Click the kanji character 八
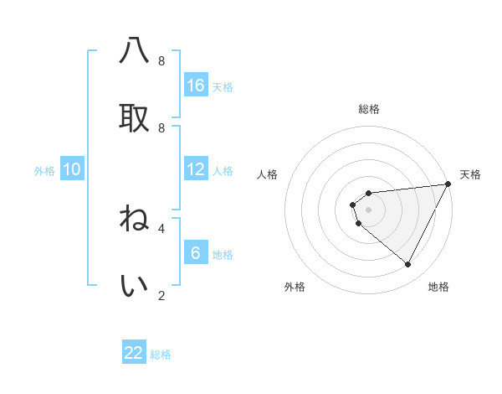click(x=134, y=52)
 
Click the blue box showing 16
click(x=196, y=86)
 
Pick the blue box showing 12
click(x=196, y=169)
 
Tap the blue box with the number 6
click(x=196, y=253)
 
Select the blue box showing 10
click(x=72, y=169)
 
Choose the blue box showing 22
click(x=134, y=353)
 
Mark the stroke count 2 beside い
click(x=161, y=295)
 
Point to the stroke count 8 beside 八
click(x=161, y=61)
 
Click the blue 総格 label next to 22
click(x=161, y=355)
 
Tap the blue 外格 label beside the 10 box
click(x=44, y=171)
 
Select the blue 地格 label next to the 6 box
click(x=223, y=255)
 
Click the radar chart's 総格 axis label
click(x=369, y=109)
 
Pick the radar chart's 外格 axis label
click(x=295, y=288)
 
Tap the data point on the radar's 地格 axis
click(x=408, y=265)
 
